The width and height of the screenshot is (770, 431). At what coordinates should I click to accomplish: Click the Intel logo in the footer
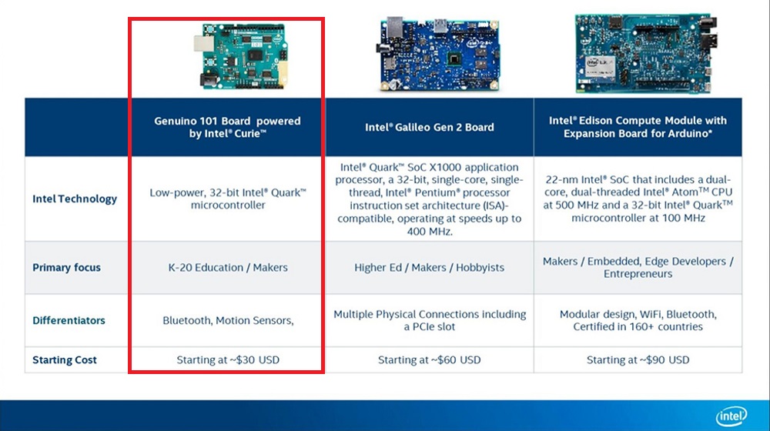(x=731, y=416)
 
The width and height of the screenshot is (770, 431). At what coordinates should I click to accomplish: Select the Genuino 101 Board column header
(x=227, y=127)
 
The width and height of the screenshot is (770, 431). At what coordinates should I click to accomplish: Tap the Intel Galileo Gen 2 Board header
(x=429, y=127)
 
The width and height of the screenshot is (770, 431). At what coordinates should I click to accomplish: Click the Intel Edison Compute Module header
(x=638, y=127)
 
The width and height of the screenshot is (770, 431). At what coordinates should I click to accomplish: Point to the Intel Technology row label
(x=75, y=199)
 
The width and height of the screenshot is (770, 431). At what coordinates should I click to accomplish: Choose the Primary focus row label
(x=66, y=268)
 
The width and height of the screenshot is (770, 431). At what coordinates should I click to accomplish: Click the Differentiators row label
(x=69, y=320)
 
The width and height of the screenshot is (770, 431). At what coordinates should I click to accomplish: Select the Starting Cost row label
(x=65, y=360)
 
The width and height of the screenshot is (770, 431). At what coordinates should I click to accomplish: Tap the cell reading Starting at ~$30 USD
(x=228, y=360)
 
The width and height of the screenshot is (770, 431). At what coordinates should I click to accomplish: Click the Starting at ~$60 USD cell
(x=429, y=360)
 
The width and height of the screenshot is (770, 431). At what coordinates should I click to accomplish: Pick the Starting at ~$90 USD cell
(x=638, y=360)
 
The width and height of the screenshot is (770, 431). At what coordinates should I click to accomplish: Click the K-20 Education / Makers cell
(x=228, y=268)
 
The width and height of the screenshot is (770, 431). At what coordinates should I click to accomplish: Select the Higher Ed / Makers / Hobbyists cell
(x=429, y=268)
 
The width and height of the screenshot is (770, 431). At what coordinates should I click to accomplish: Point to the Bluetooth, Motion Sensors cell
(x=228, y=320)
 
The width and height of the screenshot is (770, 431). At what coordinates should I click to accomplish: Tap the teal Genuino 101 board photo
(x=240, y=56)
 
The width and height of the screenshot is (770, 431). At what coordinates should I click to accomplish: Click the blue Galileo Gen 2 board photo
(x=439, y=54)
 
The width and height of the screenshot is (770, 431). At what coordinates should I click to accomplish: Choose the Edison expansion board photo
(x=645, y=53)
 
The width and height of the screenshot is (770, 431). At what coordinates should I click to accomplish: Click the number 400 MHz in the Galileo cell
(x=429, y=231)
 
